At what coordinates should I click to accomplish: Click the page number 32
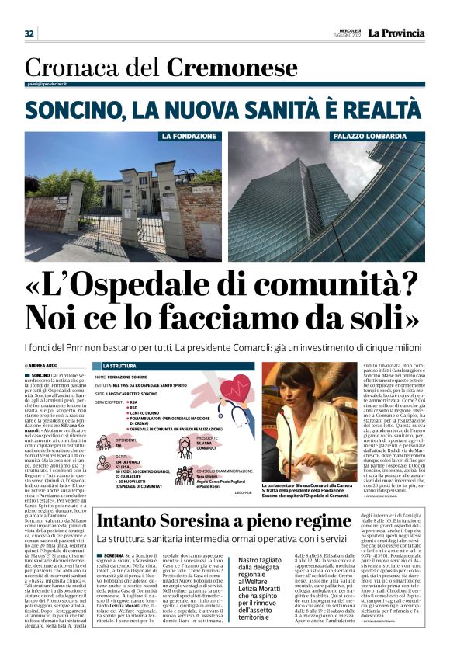[29, 33]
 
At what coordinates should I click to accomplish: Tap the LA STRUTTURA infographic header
[119, 365]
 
